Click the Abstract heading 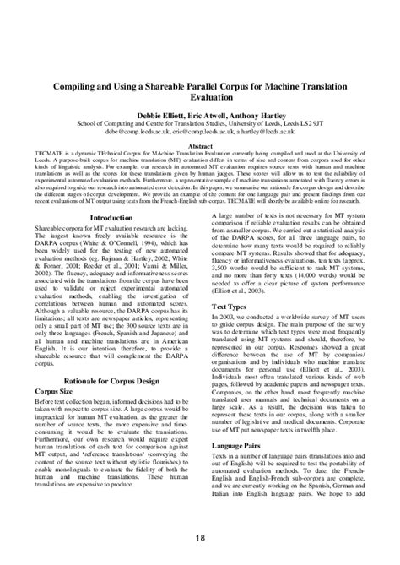200,145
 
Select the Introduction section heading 111,218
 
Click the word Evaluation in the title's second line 200,98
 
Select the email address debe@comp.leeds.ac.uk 138,132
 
